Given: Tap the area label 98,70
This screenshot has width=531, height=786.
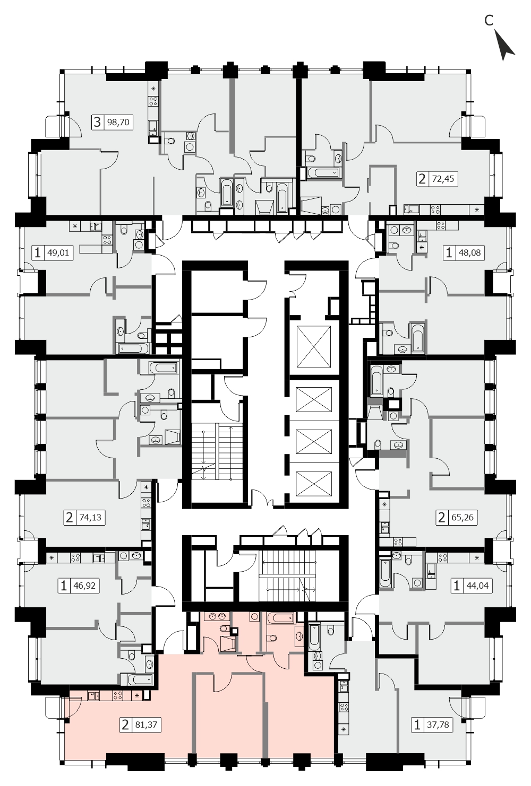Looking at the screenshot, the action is coord(118,123).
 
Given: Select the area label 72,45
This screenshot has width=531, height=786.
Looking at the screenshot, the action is coord(443,179).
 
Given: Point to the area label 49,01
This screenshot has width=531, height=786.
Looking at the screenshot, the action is coord(58,252).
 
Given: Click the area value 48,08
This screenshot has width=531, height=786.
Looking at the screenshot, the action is coord(469,252).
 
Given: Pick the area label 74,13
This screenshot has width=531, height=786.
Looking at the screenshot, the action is coord(90,518).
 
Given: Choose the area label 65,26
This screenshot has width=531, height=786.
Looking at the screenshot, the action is coord(463,518).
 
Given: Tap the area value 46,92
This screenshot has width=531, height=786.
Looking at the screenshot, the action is coord(84,586).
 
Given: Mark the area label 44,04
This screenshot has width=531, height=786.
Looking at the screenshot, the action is coord(477,586).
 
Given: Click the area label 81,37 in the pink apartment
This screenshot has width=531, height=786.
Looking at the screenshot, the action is coord(146,724).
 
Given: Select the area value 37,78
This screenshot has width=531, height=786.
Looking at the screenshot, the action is coord(438,724).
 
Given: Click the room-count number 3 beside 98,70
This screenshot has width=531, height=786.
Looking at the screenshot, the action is coord(97,122).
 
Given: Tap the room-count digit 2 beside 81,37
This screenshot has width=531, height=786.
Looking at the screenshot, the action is coord(125,724).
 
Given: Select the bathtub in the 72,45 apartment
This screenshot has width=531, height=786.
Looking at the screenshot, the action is coord(324,172).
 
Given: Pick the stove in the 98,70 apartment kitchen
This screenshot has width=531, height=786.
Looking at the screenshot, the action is coord(153,102).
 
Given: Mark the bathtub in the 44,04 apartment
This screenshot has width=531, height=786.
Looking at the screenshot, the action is coord(385,573).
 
